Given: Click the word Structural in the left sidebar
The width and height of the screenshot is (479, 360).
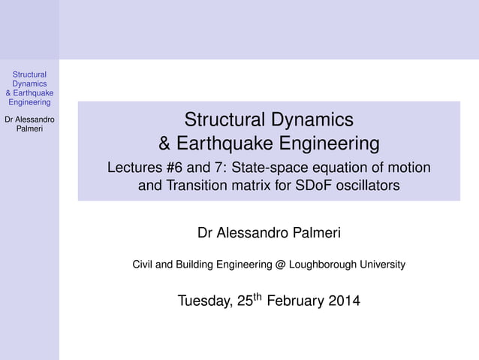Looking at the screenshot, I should tap(29, 74).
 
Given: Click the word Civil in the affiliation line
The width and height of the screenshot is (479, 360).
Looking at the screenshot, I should tap(143, 265).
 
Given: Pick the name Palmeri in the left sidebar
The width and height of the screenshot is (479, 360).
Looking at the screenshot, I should tap(29, 129).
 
